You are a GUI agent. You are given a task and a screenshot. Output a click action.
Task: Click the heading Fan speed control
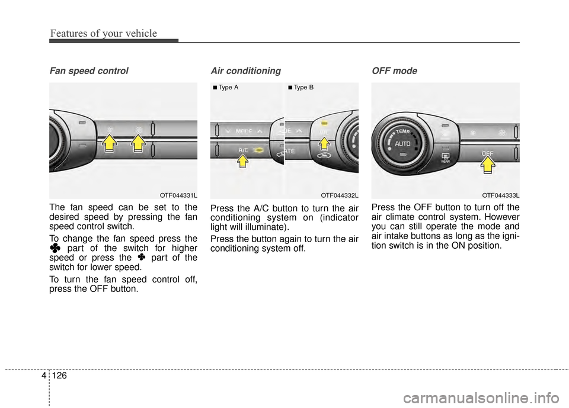coord(88,71)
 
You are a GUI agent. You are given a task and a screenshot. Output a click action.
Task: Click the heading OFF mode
coord(394,71)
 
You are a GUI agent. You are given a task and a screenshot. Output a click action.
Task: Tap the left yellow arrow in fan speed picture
coord(110,143)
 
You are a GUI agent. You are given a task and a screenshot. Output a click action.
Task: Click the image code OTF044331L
coord(178,194)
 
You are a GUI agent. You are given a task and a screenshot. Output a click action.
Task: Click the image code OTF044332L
coord(340,194)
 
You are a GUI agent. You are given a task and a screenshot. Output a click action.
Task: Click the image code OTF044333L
coord(500,194)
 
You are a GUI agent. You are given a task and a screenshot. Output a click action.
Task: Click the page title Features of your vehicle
coord(103,33)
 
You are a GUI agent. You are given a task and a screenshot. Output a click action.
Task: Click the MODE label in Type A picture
coord(244,130)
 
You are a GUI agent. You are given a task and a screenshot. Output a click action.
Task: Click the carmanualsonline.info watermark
coord(481,391)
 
